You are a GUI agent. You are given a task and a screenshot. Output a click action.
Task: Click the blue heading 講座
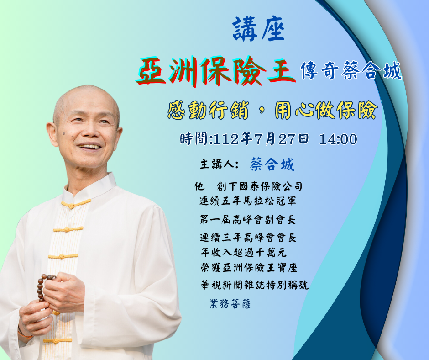[259, 29]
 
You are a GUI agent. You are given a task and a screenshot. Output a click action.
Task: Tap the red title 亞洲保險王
[215, 71]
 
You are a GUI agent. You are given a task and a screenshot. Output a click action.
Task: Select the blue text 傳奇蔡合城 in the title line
[351, 71]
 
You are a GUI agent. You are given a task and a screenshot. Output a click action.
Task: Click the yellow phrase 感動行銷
[208, 110]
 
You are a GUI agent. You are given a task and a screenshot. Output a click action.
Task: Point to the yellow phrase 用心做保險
[326, 110]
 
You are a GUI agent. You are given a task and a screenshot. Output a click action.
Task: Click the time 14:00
[338, 139]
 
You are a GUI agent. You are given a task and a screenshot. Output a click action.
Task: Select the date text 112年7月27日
[261, 139]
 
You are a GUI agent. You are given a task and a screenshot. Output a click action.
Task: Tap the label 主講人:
[220, 164]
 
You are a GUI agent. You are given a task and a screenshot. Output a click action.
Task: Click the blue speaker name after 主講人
[272, 164]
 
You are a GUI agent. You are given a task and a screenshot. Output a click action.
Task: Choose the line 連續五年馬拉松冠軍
[248, 201]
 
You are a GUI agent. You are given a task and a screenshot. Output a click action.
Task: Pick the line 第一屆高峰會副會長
[248, 219]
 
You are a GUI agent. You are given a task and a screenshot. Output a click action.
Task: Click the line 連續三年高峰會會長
[248, 237]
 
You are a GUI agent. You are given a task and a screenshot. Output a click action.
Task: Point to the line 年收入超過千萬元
[244, 252]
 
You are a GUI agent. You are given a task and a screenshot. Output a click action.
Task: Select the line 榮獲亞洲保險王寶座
[249, 268]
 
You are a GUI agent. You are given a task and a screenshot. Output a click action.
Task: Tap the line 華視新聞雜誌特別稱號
[255, 285]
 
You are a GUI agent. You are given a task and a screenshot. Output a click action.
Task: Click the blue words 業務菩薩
[230, 303]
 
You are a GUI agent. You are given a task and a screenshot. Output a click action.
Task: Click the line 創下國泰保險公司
[259, 186]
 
